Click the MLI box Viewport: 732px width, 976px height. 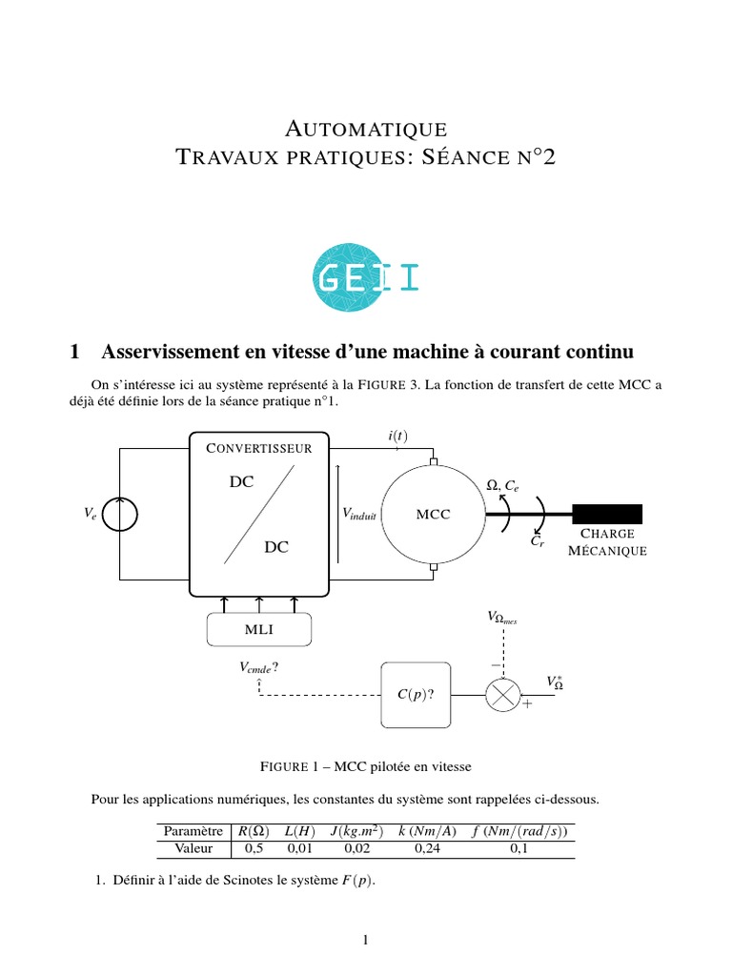pos(259,630)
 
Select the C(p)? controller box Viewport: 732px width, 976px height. pos(415,695)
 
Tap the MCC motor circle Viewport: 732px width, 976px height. pos(434,515)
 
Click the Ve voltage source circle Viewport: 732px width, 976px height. pos(120,515)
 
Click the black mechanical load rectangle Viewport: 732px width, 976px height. pos(606,515)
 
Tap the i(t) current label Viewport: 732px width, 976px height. pos(396,436)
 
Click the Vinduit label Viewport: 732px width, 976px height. pos(359,514)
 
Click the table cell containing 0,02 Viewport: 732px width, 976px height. pos(356,848)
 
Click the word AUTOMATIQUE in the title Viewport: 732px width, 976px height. pos(366,128)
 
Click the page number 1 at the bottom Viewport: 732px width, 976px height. pos(365,941)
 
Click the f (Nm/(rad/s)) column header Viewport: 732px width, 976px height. pos(519,831)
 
